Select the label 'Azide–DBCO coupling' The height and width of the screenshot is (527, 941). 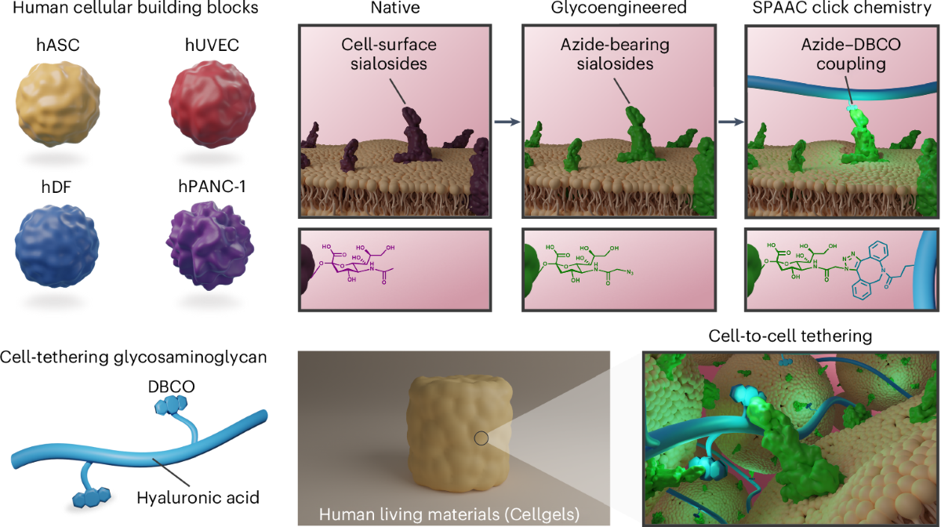coord(843,54)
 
